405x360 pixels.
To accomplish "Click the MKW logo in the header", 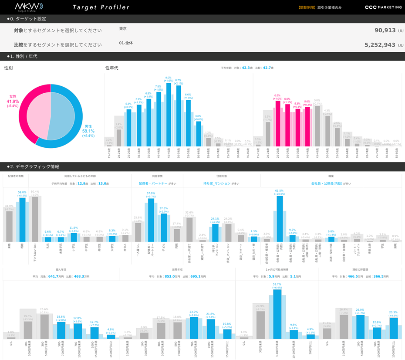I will [x=29, y=7].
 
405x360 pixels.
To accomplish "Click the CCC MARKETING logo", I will [x=383, y=7].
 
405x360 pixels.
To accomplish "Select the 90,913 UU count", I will [x=385, y=31].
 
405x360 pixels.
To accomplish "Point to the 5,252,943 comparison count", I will [x=380, y=45].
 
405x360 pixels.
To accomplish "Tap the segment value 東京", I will [x=123, y=29].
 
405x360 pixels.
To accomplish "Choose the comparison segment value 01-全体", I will [x=126, y=43].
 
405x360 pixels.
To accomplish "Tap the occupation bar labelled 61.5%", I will [x=280, y=218].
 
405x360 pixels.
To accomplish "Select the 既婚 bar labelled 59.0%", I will [x=22, y=220].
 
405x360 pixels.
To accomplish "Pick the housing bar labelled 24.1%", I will [x=215, y=233].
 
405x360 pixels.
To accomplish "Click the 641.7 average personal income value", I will [x=56, y=276].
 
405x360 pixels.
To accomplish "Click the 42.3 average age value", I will [x=246, y=68].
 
